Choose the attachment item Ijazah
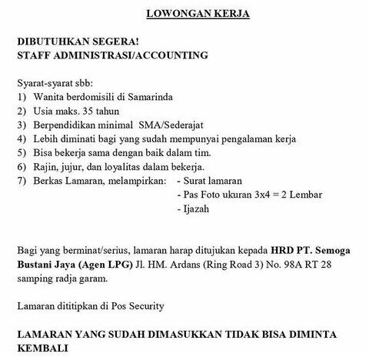click(198, 208)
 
